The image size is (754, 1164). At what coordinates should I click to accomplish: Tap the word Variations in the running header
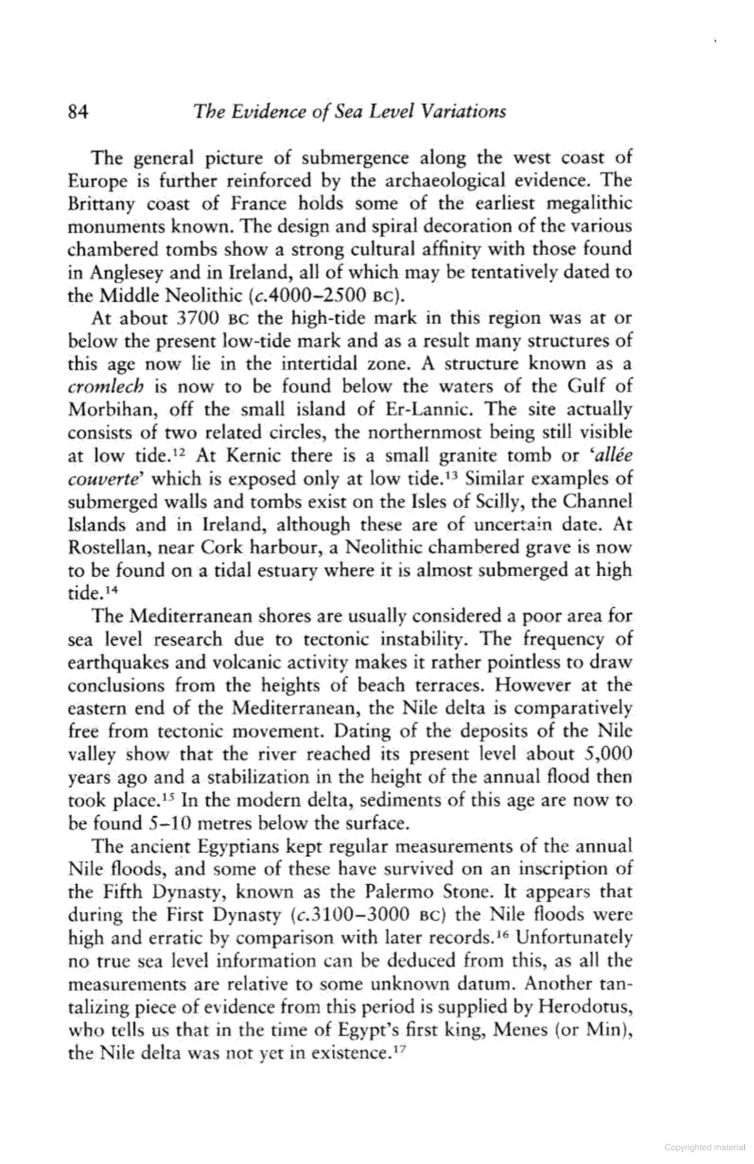point(464,112)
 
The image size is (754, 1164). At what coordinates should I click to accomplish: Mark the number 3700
point(199,318)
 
